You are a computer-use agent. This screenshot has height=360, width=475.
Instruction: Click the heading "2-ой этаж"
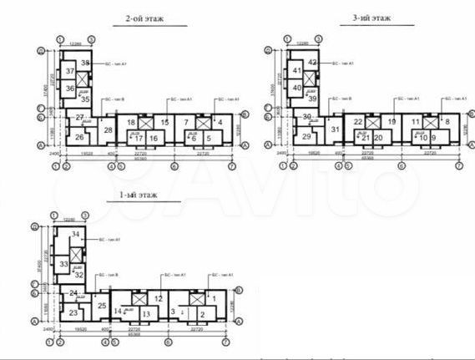click(144, 16)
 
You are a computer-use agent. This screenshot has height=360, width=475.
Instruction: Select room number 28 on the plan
click(109, 130)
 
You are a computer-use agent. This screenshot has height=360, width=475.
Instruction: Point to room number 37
click(70, 72)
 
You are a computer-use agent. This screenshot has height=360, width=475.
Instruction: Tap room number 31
click(336, 129)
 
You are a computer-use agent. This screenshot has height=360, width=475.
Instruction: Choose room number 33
click(63, 264)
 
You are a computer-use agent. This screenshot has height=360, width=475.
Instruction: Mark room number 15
click(165, 123)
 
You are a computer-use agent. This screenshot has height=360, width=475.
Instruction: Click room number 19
click(391, 122)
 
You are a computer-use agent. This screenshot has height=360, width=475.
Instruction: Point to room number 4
click(220, 123)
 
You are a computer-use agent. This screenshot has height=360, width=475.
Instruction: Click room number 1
click(212, 298)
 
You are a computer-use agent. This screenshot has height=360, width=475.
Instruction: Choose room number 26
click(78, 138)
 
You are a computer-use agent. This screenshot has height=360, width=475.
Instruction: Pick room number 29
click(306, 136)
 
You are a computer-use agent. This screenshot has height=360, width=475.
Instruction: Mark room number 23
click(73, 313)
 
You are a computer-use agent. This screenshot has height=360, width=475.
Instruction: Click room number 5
click(207, 138)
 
